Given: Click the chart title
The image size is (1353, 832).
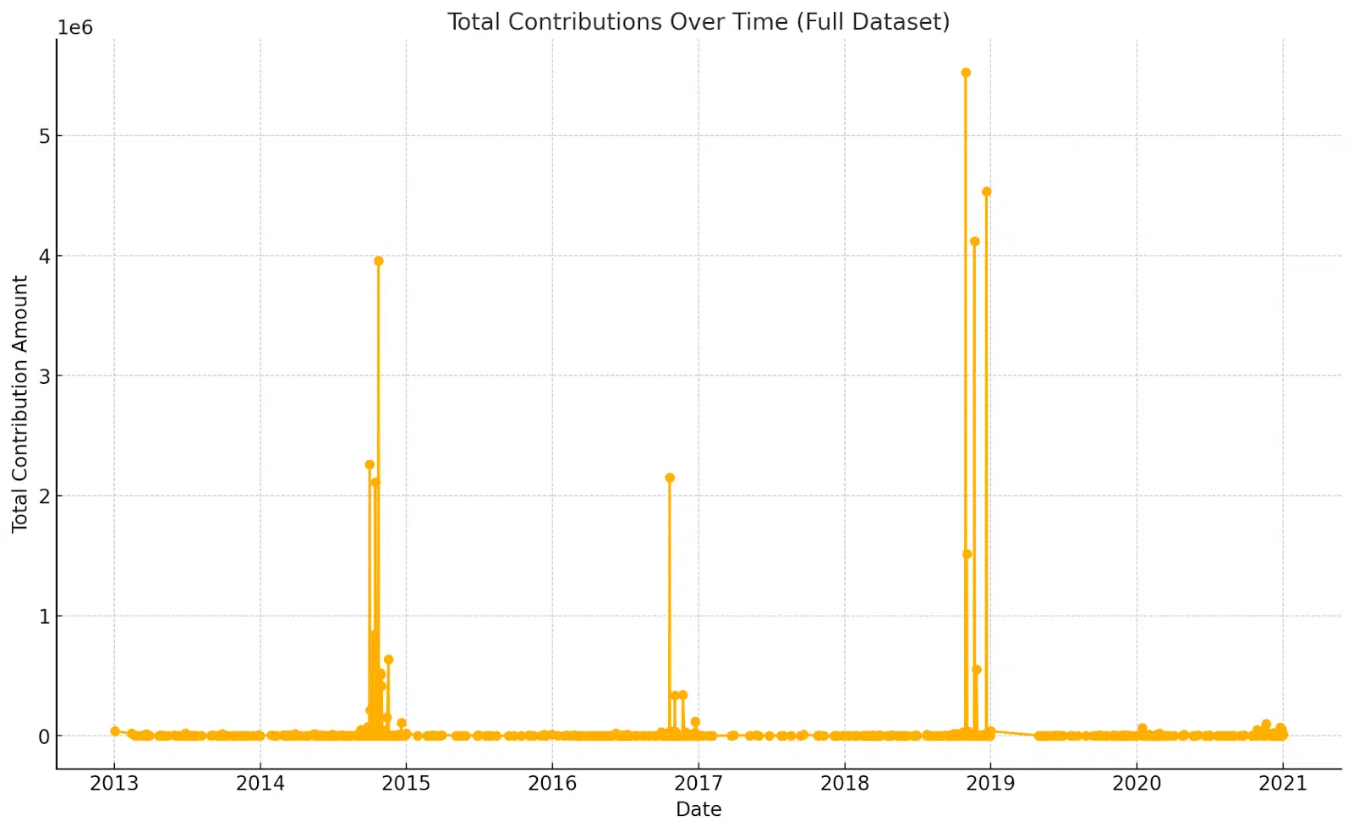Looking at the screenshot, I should [698, 22].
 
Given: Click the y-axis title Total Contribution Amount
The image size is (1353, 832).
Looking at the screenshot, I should [20, 403].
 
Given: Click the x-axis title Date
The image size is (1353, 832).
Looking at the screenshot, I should [698, 809].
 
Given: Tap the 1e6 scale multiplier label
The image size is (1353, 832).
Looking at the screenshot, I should [75, 28].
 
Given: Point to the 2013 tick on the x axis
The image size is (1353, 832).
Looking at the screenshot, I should [114, 783].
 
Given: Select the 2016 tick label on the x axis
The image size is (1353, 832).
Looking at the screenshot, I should [552, 783].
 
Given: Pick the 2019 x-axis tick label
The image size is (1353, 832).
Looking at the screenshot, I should [990, 783].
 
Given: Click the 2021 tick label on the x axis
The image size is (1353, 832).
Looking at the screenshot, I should [1283, 783].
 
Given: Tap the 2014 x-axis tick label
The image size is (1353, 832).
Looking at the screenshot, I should [260, 783].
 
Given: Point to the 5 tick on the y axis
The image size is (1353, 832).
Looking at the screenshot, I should [44, 136].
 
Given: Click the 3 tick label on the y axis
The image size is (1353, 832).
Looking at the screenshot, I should [44, 376].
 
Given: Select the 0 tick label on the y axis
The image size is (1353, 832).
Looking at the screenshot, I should [44, 736].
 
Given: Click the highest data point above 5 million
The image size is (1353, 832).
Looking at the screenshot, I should [966, 73].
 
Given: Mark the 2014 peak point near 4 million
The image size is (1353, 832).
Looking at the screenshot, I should [378, 261].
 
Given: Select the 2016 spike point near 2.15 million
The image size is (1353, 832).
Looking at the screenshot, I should [670, 478].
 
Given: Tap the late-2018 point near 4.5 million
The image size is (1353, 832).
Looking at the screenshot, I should [986, 192].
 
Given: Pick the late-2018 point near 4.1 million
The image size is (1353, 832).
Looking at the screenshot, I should [974, 242].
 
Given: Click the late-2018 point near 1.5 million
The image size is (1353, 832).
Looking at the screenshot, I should [967, 554].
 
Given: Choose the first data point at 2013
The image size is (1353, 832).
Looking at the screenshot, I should [115, 731].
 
